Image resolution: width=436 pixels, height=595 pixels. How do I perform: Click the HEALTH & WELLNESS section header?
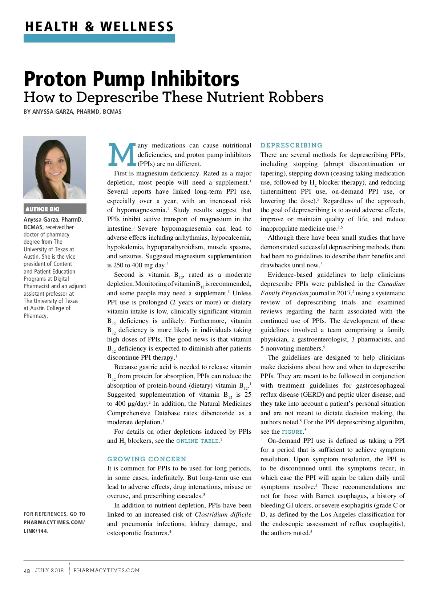(x=99, y=27)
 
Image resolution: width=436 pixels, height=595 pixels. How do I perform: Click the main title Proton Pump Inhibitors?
(x=132, y=78)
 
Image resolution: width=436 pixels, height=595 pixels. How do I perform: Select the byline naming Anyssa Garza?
(x=73, y=112)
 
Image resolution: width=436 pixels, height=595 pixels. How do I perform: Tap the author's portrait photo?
(x=55, y=167)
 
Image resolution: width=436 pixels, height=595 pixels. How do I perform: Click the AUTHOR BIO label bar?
(x=55, y=209)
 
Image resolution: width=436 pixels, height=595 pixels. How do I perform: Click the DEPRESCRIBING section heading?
(x=291, y=145)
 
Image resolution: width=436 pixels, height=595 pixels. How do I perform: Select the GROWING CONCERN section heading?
(x=146, y=459)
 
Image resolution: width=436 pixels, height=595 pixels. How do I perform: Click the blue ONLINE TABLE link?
(x=197, y=441)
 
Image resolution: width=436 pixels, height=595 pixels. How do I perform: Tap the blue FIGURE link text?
(x=292, y=432)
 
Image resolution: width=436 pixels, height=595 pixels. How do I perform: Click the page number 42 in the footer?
(x=27, y=570)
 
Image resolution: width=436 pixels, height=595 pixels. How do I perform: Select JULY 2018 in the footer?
(x=49, y=570)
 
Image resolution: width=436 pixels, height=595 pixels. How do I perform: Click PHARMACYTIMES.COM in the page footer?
(x=106, y=570)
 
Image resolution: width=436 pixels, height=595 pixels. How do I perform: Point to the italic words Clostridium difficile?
(x=223, y=514)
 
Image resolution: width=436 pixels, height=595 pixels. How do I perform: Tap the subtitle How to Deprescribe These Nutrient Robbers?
(x=173, y=97)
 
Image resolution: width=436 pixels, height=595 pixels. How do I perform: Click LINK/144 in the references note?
(x=35, y=531)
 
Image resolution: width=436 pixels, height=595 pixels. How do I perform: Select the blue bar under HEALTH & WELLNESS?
(x=99, y=38)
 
